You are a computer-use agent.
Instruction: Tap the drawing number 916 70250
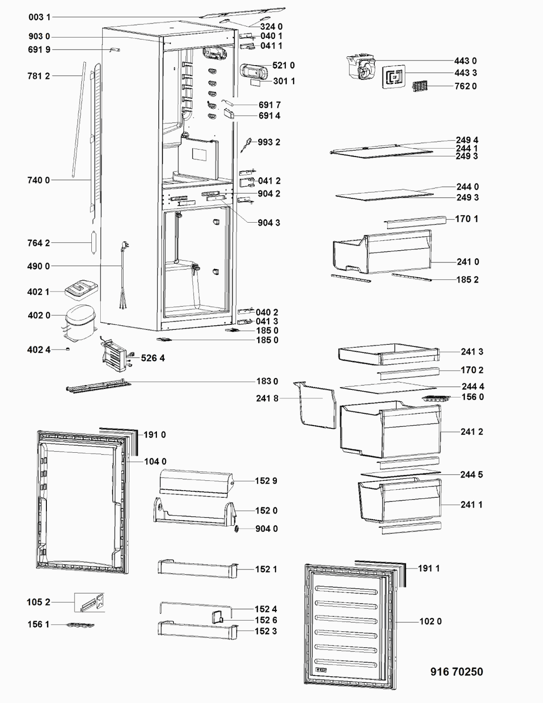(x=456, y=672)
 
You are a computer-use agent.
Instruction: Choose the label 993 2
(x=268, y=142)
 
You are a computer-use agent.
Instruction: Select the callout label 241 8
(x=267, y=398)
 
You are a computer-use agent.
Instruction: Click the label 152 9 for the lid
(x=266, y=481)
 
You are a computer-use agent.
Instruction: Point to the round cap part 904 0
(x=237, y=529)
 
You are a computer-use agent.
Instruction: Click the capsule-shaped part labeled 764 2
(x=94, y=243)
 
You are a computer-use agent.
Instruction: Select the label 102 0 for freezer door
(x=430, y=621)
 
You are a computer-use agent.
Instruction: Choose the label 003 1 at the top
(x=39, y=17)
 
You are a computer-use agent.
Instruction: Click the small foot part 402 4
(x=68, y=350)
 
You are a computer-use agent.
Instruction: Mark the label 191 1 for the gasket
(x=429, y=568)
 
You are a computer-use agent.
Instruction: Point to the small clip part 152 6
(x=217, y=617)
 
